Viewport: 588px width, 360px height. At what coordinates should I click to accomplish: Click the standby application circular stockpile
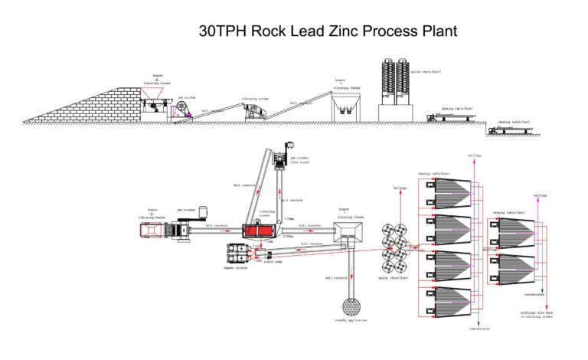(x=351, y=307)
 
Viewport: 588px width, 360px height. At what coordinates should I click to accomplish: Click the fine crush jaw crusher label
(x=299, y=160)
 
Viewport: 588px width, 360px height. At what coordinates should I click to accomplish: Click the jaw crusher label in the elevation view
(x=186, y=97)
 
